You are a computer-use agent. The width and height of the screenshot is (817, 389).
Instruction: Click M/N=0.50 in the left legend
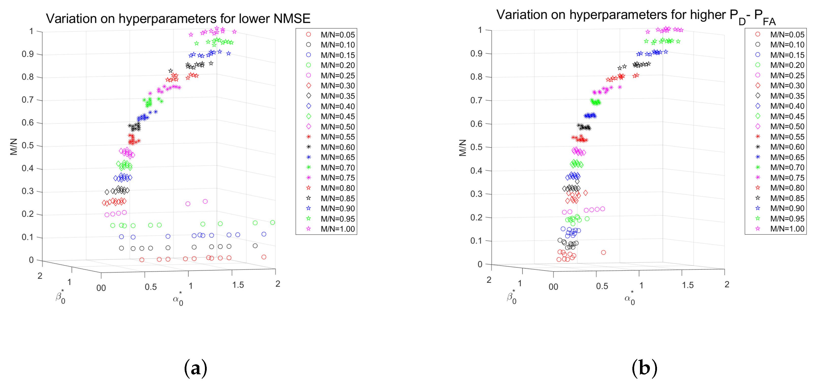[x=338, y=127]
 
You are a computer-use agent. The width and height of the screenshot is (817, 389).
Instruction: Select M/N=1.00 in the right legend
[x=787, y=229]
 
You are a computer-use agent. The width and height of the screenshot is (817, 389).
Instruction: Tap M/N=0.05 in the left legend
[x=338, y=35]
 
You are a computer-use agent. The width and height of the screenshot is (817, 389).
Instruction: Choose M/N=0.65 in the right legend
[x=787, y=157]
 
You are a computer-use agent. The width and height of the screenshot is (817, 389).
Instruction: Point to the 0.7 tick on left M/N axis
[x=28, y=100]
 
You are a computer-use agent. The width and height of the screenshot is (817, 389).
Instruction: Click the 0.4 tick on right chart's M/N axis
[x=477, y=171]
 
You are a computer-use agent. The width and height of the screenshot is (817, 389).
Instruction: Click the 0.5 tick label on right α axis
[x=602, y=286]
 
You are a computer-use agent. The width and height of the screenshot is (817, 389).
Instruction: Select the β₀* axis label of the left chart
[x=60, y=297]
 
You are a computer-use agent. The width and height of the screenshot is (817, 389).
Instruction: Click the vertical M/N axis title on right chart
[x=462, y=148]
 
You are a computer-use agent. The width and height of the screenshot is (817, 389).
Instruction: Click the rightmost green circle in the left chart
[x=273, y=222]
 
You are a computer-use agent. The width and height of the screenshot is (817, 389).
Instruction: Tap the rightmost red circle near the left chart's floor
[x=264, y=257]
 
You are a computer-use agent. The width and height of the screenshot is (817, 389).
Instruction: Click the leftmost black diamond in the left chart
[x=107, y=192]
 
